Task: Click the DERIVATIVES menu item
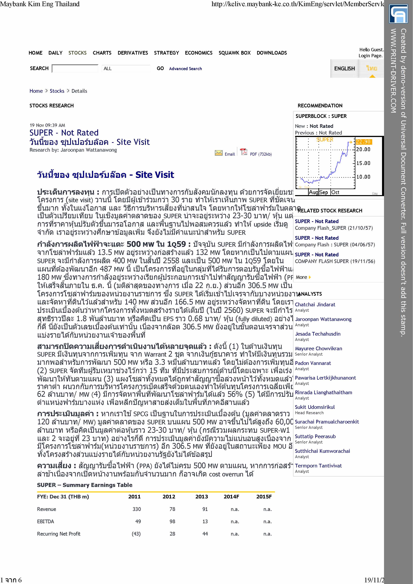point(133,53)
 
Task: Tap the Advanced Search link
point(185,69)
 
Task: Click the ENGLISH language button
point(344,68)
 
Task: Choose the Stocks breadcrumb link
point(57,91)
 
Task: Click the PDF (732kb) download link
point(261,154)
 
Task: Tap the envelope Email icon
point(219,153)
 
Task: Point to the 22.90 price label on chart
point(363,142)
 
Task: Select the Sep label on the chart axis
point(324,192)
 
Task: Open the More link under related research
point(302,277)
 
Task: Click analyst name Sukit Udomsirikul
point(315,407)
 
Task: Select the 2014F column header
point(231,496)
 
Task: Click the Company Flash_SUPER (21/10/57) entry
point(334,228)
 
